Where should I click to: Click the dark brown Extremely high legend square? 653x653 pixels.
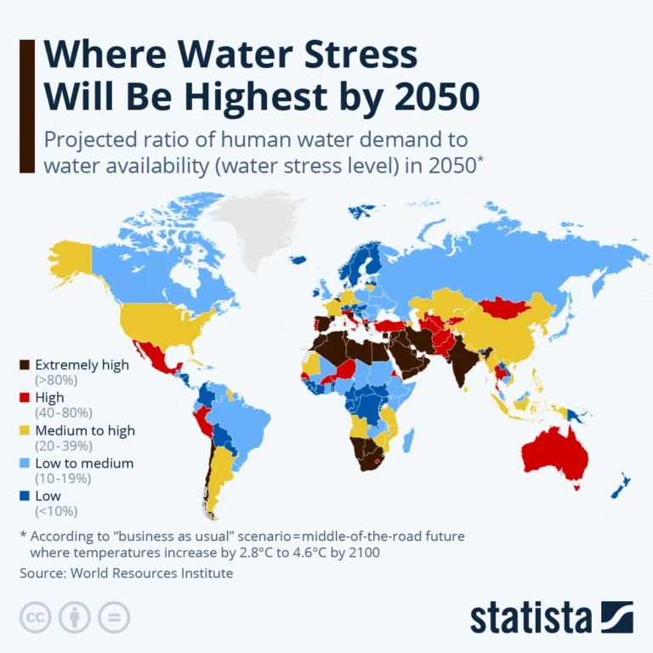click(x=26, y=365)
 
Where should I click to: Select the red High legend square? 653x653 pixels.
click(x=26, y=397)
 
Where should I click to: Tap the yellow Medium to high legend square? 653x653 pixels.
click(x=26, y=430)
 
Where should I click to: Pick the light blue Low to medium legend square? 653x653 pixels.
click(x=26, y=463)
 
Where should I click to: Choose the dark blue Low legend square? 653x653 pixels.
click(x=26, y=495)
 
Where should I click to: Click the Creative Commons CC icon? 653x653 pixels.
click(x=36, y=616)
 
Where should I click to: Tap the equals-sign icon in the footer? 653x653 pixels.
click(x=114, y=616)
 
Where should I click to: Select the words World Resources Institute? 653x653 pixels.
click(x=152, y=573)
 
